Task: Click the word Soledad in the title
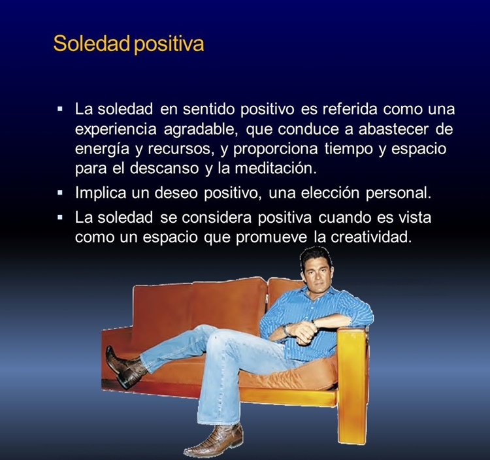pyautogui.click(x=91, y=43)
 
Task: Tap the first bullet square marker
pyautogui.click(x=60, y=110)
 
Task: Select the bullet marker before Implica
pyautogui.click(x=60, y=193)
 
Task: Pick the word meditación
pyautogui.click(x=276, y=168)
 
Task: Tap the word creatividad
pyautogui.click(x=370, y=237)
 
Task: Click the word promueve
pyautogui.click(x=271, y=238)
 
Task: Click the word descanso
pyautogui.click(x=165, y=168)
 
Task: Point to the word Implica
pyautogui.click(x=100, y=193)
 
